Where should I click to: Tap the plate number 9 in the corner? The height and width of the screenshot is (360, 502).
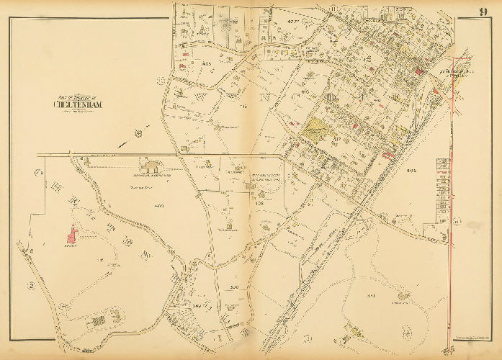482,10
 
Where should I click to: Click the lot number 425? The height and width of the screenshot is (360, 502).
206,65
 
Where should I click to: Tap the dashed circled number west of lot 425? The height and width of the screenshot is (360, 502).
171,80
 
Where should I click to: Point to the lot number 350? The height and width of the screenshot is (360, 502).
234,288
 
